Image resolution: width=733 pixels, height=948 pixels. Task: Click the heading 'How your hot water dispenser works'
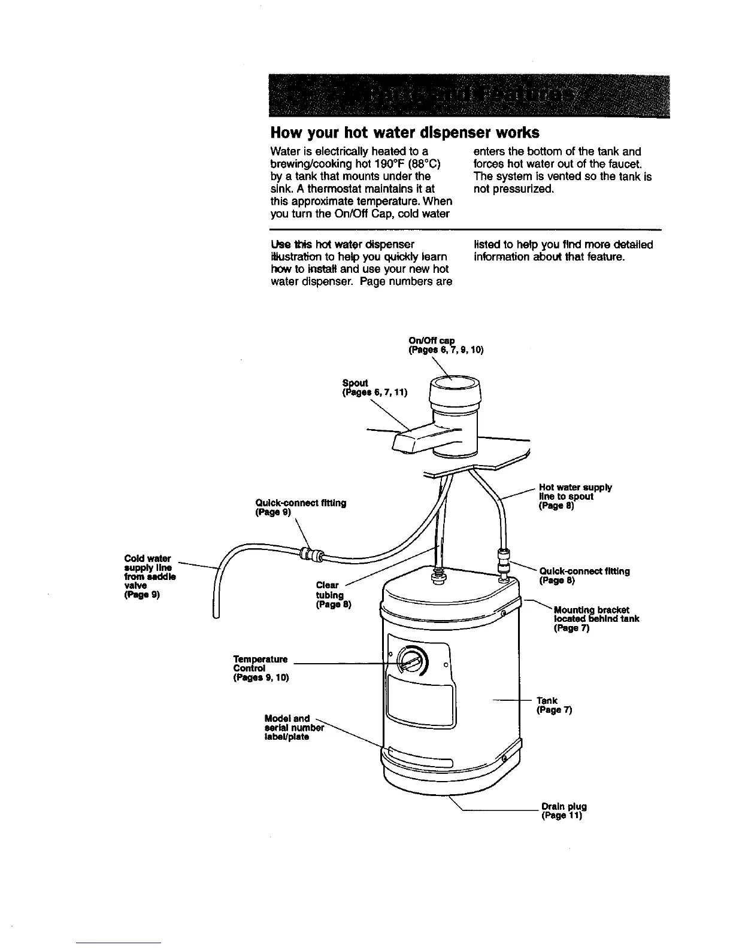(x=405, y=132)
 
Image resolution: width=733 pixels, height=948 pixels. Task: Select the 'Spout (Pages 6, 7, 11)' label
(x=374, y=388)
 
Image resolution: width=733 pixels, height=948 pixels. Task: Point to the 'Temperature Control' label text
(x=260, y=668)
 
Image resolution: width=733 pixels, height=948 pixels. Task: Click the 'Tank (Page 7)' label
(x=554, y=705)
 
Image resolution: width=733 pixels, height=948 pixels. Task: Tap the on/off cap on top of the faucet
(x=453, y=389)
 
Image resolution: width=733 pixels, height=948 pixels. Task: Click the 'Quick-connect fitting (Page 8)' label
(x=584, y=575)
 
